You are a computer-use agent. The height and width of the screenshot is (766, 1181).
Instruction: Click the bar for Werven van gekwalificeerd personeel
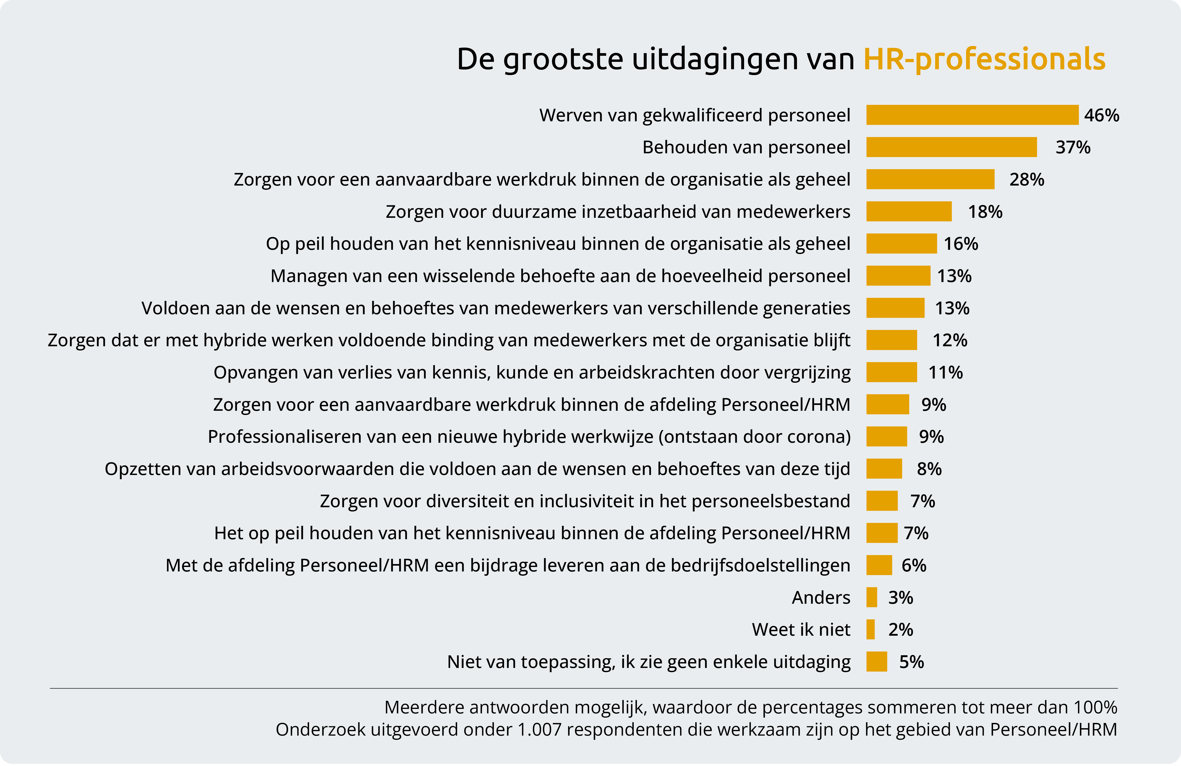972,115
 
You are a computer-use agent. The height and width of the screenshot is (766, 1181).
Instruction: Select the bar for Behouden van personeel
951,147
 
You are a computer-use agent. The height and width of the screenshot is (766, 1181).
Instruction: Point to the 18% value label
985,212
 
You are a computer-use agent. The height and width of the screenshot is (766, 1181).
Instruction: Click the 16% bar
901,244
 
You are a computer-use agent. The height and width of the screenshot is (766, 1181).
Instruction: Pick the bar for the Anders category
871,597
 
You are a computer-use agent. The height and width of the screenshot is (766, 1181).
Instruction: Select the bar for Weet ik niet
870,630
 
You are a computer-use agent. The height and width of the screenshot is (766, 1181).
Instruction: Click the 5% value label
912,662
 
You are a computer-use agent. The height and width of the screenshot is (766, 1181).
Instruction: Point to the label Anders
821,597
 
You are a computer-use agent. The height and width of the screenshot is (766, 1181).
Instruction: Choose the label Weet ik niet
801,630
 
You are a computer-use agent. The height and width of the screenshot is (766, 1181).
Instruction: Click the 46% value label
1101,115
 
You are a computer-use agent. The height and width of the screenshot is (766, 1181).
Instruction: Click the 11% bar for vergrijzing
891,372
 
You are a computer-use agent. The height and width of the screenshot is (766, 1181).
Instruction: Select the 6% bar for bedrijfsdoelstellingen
879,565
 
